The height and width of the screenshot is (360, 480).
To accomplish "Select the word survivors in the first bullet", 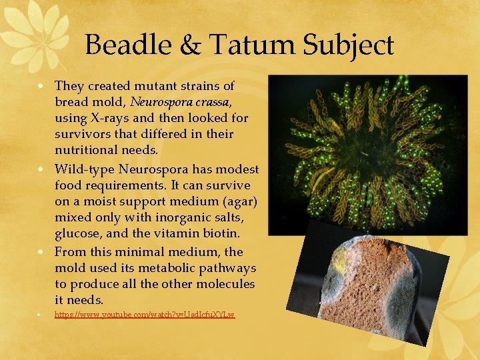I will [83, 134].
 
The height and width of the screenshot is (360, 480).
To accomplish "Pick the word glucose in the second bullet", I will [78, 233].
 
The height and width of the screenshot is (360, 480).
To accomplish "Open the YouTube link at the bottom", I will [145, 314].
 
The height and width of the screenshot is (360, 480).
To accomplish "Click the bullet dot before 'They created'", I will [41, 87].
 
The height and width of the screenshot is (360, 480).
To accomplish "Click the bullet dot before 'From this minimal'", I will [41, 253].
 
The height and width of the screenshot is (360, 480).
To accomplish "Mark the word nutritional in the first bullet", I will [89, 150].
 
